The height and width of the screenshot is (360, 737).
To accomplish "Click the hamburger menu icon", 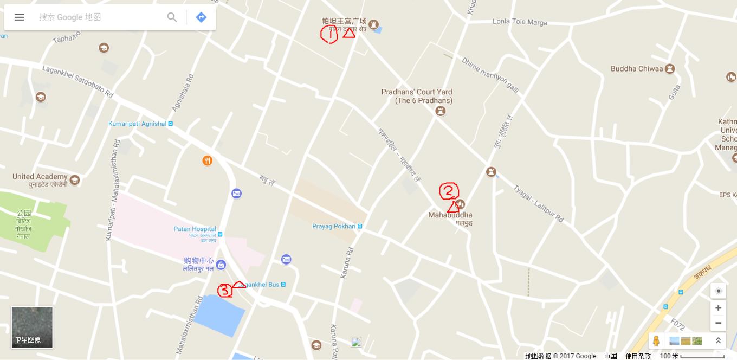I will click(x=20, y=17).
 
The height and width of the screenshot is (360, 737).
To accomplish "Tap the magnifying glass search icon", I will click(x=172, y=17).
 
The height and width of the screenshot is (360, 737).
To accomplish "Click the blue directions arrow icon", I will click(x=201, y=17).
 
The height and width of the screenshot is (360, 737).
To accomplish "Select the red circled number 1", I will click(x=329, y=35).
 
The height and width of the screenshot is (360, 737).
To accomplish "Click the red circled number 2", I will click(x=449, y=191).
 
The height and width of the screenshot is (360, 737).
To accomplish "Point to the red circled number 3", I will click(x=225, y=291).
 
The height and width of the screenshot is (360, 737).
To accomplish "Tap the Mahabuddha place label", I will click(x=450, y=215).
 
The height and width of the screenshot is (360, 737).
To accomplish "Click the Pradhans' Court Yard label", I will click(x=416, y=96).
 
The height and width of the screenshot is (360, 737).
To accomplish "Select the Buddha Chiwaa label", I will click(x=637, y=69).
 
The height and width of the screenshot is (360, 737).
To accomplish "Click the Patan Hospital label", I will click(x=195, y=229).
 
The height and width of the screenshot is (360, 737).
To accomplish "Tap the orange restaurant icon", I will click(x=207, y=160).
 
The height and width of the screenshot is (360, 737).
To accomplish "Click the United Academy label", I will click(x=40, y=177).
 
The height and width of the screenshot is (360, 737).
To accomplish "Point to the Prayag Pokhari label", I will click(x=334, y=226).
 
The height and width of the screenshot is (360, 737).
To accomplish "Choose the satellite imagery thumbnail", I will click(x=33, y=327).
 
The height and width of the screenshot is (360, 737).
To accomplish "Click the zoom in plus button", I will click(x=718, y=308).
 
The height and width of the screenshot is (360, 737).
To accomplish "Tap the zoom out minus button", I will click(x=718, y=323).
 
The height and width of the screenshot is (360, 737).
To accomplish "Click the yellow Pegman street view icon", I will click(x=656, y=341).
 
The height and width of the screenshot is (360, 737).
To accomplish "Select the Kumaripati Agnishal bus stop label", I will click(x=138, y=124).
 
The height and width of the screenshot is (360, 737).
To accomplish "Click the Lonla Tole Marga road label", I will click(x=520, y=22).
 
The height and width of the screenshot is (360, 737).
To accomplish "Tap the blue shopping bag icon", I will click(x=221, y=265).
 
